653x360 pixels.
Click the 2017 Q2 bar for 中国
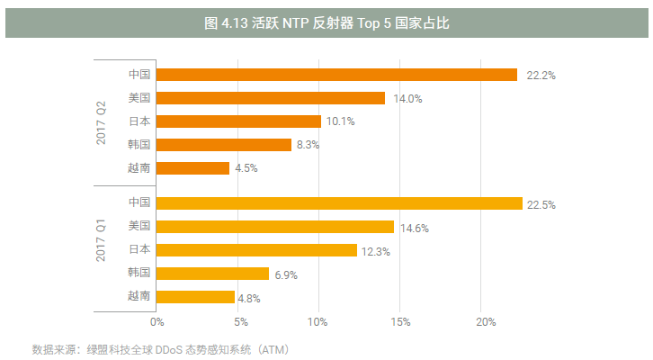(337, 75)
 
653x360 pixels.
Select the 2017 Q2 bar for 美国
(271, 98)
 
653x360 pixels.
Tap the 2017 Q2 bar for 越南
(193, 167)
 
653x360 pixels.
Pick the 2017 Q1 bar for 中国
(340, 203)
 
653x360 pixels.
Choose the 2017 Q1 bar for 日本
(257, 250)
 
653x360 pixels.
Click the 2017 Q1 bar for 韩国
(213, 274)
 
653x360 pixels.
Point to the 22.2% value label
(540, 76)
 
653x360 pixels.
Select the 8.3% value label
(309, 145)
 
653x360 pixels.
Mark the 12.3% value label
(375, 251)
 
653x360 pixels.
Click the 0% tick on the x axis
(157, 321)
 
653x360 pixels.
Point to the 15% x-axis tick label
(401, 321)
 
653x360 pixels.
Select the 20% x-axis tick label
(483, 321)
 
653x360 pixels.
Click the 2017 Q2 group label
(102, 121)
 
